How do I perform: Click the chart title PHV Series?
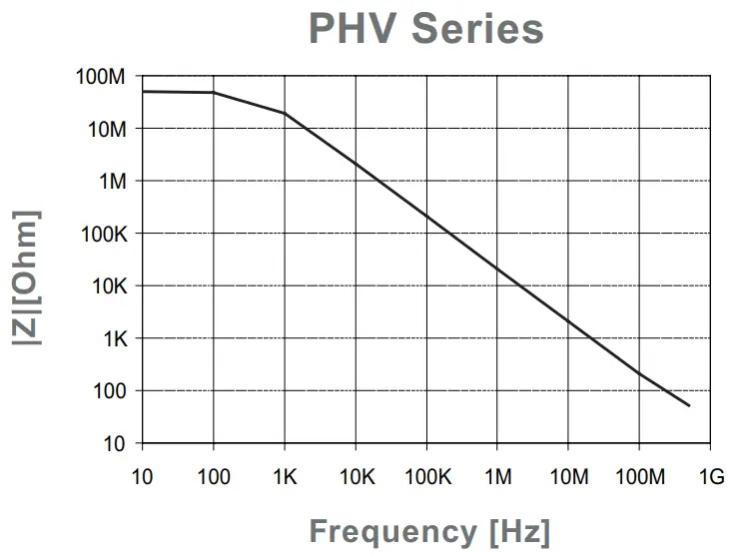[426, 28]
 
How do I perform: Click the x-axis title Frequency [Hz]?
[429, 530]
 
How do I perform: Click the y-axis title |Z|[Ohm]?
[27, 278]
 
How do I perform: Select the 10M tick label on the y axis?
[104, 129]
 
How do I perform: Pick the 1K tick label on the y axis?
[113, 338]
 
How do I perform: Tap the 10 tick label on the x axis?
[142, 476]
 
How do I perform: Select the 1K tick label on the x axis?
[285, 476]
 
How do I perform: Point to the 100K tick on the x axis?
[426, 476]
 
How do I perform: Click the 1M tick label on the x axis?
[497, 476]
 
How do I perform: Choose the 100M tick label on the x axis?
[639, 476]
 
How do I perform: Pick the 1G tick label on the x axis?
[710, 476]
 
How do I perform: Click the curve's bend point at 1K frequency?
[285, 113]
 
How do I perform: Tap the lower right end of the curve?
[689, 405]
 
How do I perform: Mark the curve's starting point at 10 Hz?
[143, 91]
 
